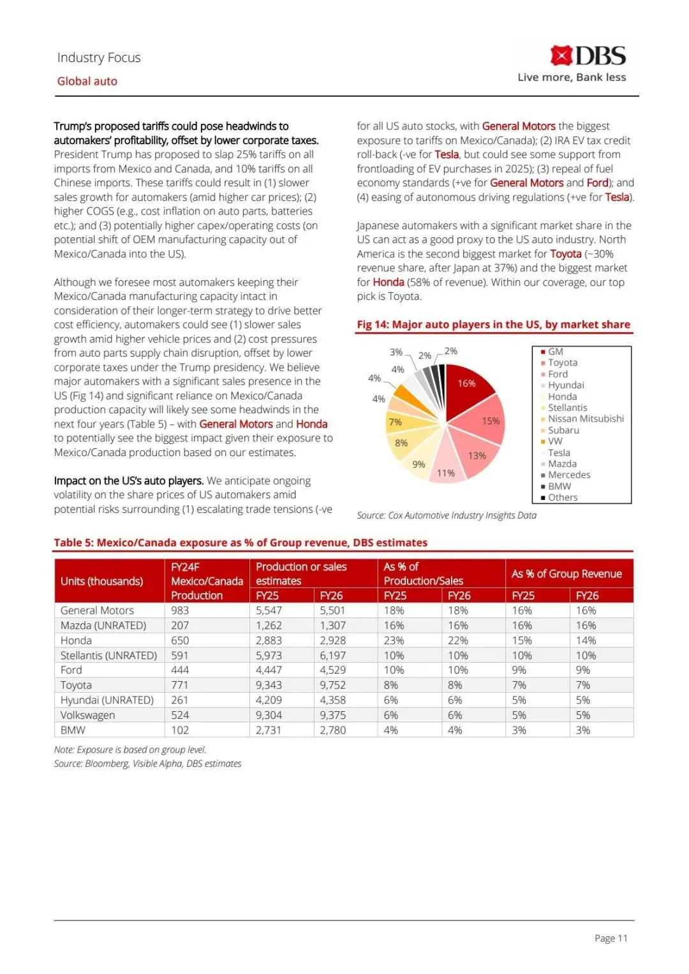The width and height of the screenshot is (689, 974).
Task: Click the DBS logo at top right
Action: click(x=588, y=56)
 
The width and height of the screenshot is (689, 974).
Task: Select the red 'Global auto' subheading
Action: click(x=87, y=81)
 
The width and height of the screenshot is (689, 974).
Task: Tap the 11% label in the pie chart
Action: click(x=446, y=473)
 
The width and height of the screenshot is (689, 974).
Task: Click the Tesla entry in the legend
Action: click(x=559, y=453)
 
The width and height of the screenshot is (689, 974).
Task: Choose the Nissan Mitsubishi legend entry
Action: click(x=586, y=419)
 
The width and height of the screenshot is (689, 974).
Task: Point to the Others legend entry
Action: click(x=563, y=498)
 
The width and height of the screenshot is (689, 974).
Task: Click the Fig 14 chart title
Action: click(x=493, y=325)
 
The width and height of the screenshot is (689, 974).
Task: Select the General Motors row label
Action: click(x=97, y=610)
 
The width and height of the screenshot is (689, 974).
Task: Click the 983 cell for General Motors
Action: click(x=180, y=610)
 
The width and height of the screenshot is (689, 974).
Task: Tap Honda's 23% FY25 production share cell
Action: click(x=394, y=640)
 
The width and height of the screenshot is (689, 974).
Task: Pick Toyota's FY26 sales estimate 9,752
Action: click(x=332, y=685)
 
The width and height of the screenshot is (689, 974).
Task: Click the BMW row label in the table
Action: click(x=73, y=730)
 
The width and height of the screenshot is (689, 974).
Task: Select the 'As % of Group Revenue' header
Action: click(x=567, y=573)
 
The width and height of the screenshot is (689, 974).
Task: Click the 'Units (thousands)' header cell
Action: click(x=101, y=581)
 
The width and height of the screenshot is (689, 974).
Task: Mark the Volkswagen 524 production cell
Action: click(x=180, y=715)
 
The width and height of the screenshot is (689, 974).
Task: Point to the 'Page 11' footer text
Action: click(x=611, y=938)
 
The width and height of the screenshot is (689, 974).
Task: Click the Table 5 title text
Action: click(x=241, y=543)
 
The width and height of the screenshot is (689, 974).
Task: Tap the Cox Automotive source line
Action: click(x=447, y=515)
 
